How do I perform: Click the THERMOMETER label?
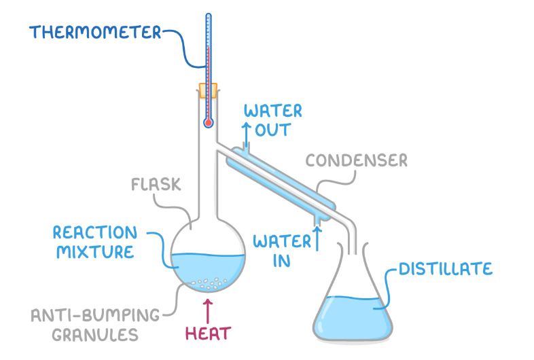pos(95,32)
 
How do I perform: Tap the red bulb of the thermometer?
pos(208,123)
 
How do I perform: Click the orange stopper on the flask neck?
pos(208,90)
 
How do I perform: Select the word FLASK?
pos(150,183)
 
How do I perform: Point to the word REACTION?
pos(94,232)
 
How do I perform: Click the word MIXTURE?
pos(94,252)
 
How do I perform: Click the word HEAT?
pos(209,334)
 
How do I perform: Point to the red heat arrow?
pos(208,307)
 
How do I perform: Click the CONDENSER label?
pos(356,160)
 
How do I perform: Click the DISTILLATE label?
pos(445,269)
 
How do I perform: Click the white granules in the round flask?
pos(207,281)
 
